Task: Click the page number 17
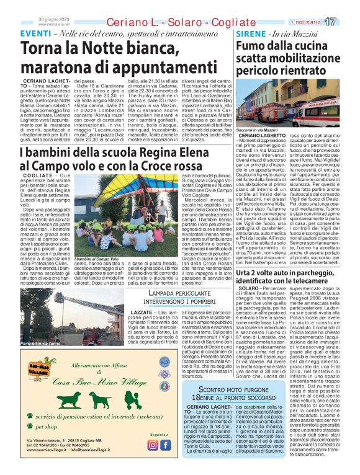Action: click(x=348, y=22)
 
